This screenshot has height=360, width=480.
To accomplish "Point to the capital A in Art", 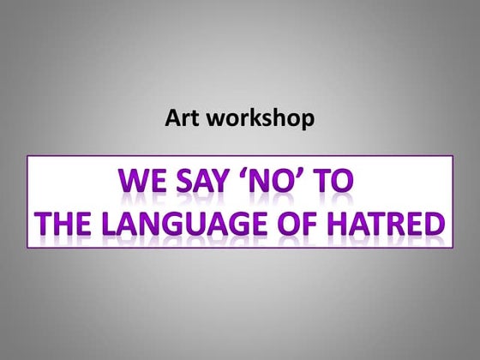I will (171, 118).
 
